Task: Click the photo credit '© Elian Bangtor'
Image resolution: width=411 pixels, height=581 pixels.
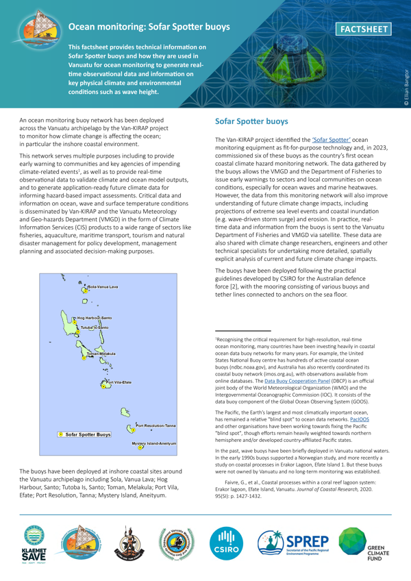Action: click(405, 86)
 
